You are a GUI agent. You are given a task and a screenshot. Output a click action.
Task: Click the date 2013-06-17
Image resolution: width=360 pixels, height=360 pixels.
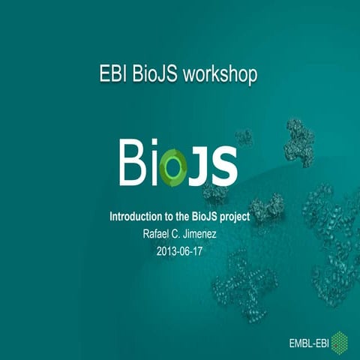pos(180,250)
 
